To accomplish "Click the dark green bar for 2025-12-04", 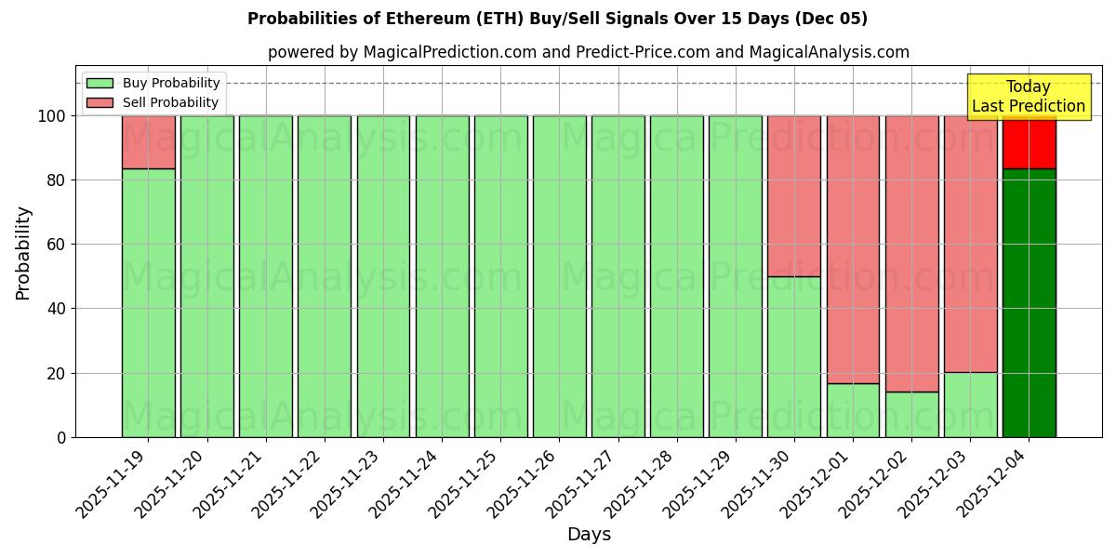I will (1029, 302).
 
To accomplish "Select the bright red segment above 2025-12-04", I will (1029, 142).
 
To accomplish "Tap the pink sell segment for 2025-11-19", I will (148, 142).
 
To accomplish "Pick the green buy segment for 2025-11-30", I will (793, 356).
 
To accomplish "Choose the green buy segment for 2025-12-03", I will (970, 405).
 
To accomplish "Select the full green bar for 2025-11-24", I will (442, 276).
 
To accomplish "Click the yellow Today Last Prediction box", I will (1029, 97).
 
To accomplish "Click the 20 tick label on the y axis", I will (57, 373).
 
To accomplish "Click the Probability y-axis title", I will (23, 253).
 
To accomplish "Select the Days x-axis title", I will (589, 535).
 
